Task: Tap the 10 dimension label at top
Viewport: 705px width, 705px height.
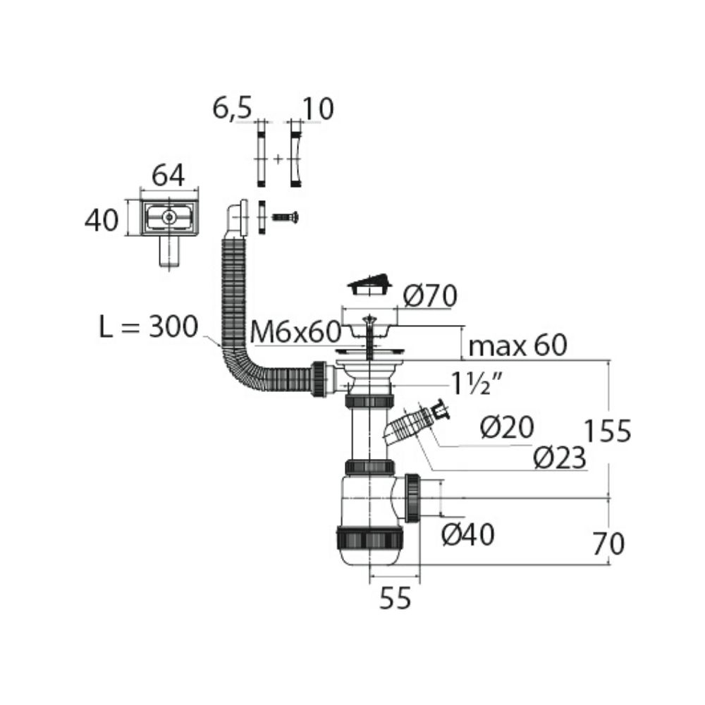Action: [x=319, y=109]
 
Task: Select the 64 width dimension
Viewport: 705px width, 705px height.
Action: [x=168, y=175]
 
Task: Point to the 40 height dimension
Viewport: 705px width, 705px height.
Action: [x=102, y=220]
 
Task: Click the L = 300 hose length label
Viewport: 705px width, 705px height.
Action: [x=148, y=326]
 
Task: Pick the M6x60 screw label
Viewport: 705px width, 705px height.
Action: [x=295, y=332]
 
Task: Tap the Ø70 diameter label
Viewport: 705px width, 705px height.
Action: [x=430, y=296]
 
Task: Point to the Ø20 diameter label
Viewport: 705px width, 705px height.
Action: [x=507, y=427]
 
